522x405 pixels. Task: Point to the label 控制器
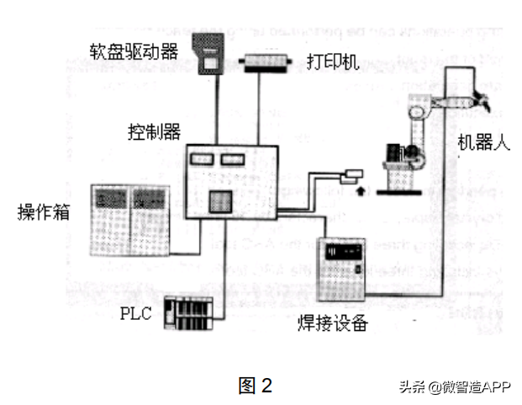[x=154, y=133]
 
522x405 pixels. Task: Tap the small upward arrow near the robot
[x=361, y=191]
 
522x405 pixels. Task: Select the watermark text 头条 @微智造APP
[x=454, y=386]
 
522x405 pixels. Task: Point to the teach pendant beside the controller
[x=351, y=175]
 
